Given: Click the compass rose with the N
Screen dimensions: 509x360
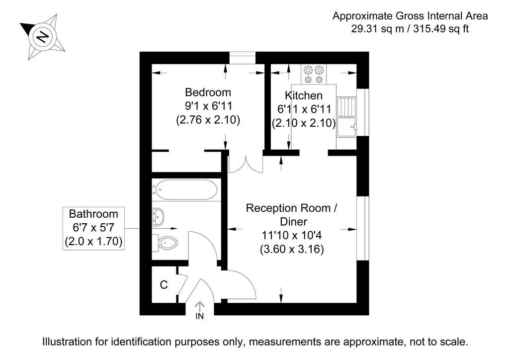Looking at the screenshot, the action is [43, 37].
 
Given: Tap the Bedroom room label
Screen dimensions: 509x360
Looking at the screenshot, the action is [208, 92].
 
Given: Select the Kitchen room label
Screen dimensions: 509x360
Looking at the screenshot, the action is [304, 95].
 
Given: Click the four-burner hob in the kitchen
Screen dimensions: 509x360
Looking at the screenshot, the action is [314, 75].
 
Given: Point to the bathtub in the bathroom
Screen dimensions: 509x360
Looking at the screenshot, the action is [186, 190].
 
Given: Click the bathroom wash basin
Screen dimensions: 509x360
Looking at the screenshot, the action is [158, 217].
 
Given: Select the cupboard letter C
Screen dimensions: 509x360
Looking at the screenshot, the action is [164, 285].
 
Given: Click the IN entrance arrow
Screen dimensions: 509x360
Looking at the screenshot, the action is [199, 310].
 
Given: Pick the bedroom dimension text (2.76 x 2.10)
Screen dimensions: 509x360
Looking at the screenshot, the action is [208, 120].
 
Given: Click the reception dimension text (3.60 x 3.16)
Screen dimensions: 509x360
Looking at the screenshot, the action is [292, 249].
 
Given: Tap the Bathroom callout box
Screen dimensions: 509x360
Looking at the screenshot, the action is [93, 228].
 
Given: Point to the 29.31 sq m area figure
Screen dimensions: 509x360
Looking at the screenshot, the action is [378, 29].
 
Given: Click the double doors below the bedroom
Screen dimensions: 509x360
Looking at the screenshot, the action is [246, 165].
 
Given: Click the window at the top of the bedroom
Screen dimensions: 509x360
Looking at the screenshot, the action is [243, 58].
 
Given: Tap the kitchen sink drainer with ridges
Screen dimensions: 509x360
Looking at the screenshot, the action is [346, 107].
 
